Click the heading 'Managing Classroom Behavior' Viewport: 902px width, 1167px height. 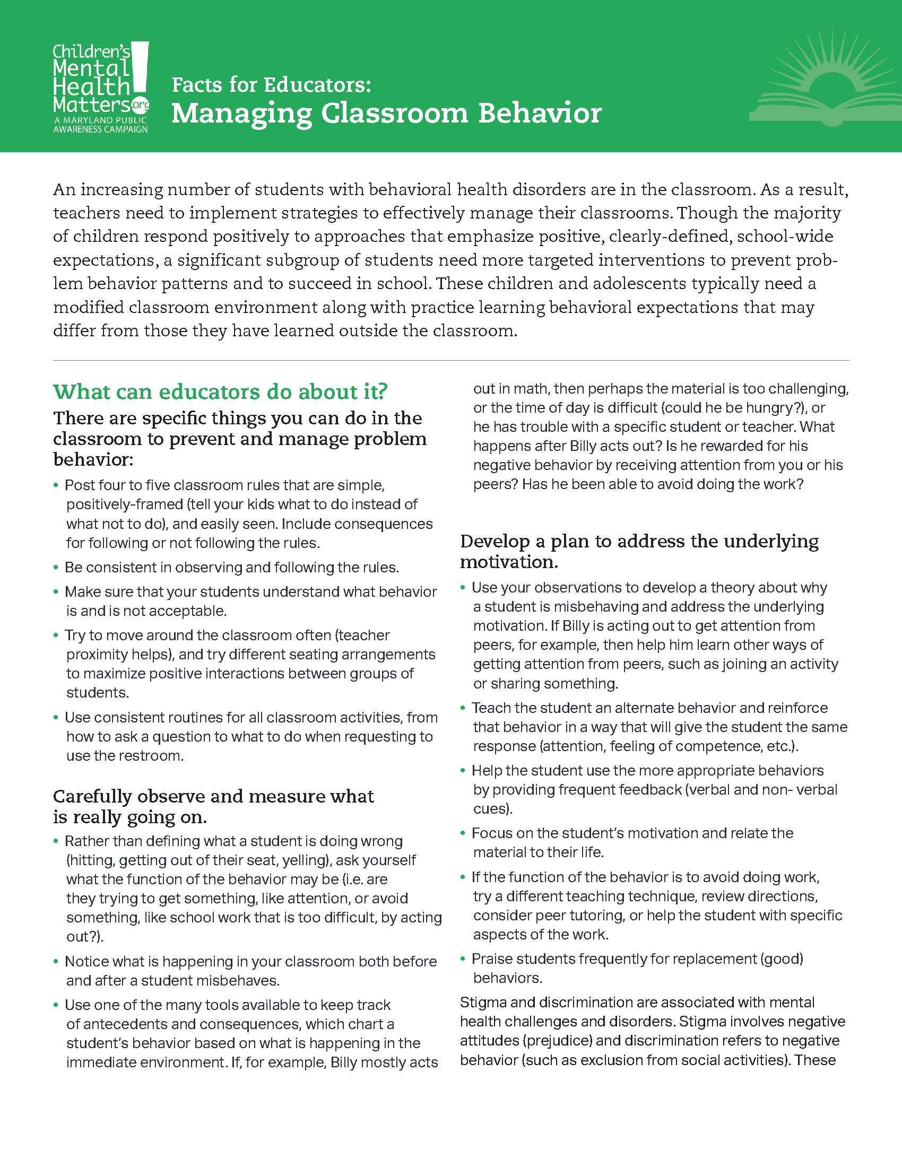pos(386,114)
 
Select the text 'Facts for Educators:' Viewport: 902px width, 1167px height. pos(271,85)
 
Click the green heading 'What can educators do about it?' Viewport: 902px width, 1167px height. pos(220,391)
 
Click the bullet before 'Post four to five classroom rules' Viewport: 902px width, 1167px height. pos(56,485)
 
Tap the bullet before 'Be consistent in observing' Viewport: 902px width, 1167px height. pos(56,567)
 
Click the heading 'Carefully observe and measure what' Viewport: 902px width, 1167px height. pos(213,796)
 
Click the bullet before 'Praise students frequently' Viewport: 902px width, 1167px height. pos(463,959)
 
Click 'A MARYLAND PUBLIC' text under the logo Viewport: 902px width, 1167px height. pos(100,120)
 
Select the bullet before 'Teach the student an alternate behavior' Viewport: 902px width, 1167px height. pos(463,708)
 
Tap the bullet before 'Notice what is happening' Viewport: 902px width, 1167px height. pos(56,961)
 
